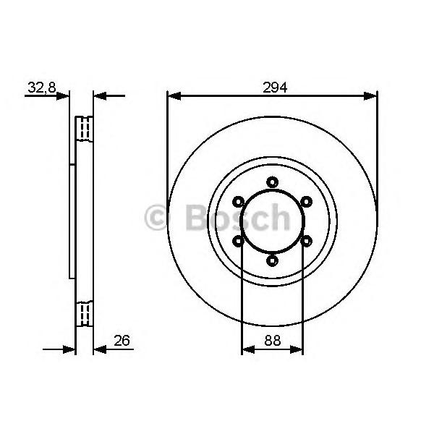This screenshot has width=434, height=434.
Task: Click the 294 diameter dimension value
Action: [275, 88]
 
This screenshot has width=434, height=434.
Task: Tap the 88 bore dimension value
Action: [273, 340]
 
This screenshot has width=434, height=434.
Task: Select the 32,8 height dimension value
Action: [42, 88]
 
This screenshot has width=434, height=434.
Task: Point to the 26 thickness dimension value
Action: [122, 340]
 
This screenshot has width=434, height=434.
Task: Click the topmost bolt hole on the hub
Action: [273, 182]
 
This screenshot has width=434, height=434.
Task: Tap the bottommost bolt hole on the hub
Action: [273, 260]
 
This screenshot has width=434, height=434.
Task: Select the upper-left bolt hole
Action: [238, 202]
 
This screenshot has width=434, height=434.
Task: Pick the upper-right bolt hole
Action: [307, 202]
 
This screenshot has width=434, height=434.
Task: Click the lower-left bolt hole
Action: [238, 241]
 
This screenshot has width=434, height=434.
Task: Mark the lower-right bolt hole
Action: [307, 241]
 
